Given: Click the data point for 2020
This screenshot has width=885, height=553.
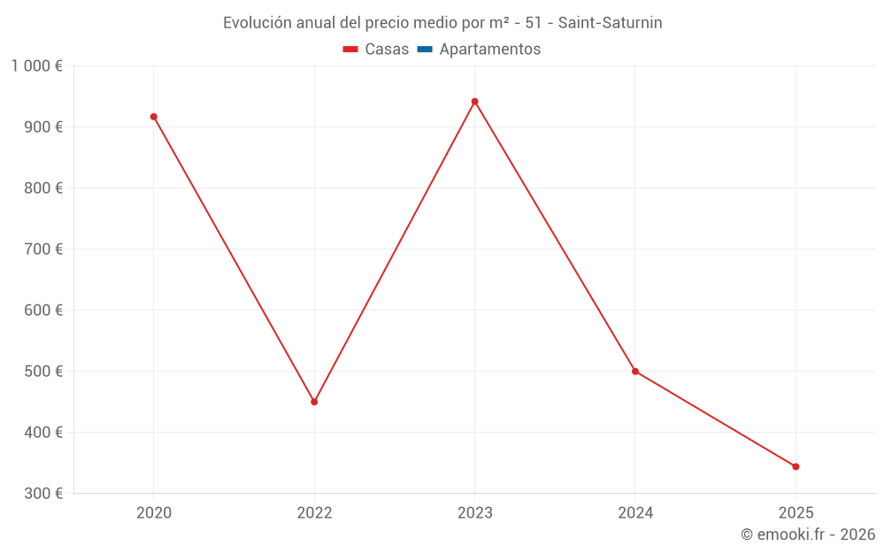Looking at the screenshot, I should [x=154, y=117].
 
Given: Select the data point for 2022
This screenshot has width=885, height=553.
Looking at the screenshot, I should [x=314, y=402].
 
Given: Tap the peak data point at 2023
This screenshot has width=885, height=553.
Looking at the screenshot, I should [x=474, y=102].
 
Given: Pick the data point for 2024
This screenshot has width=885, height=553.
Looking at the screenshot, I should [x=635, y=372].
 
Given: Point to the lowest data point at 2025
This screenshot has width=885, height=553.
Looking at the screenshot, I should [x=796, y=466].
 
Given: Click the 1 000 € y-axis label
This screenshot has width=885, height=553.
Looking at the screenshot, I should [x=36, y=66].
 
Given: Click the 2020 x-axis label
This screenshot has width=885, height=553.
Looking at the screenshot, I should [x=154, y=512].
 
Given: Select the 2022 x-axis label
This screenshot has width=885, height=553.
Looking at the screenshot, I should [x=314, y=512].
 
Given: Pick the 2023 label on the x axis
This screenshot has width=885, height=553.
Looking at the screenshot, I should [x=474, y=512].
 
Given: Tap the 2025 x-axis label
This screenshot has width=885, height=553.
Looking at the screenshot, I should [x=796, y=512].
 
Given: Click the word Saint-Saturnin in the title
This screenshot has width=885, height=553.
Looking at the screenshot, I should [x=610, y=23].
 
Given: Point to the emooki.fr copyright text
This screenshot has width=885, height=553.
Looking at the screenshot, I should [x=807, y=534].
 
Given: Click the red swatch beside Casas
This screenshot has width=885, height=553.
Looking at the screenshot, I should [x=350, y=50].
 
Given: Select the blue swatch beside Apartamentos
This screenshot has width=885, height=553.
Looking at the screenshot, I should [x=425, y=50].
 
